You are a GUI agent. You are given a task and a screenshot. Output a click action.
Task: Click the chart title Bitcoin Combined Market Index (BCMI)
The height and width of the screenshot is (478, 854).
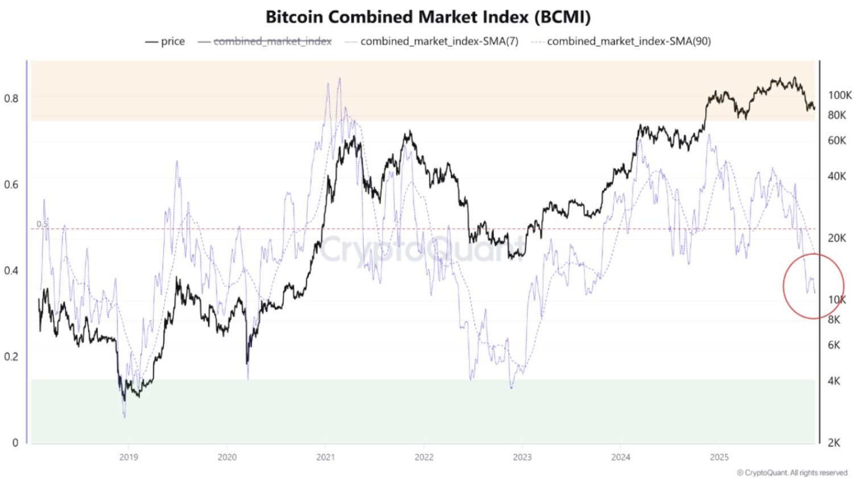click(x=428, y=17)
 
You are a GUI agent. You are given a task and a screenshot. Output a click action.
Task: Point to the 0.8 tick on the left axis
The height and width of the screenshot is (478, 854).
click(x=11, y=98)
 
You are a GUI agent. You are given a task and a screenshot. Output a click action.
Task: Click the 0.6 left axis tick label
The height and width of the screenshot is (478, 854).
click(x=11, y=184)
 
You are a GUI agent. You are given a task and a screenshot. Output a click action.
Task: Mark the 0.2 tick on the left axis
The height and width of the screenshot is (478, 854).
click(x=11, y=357)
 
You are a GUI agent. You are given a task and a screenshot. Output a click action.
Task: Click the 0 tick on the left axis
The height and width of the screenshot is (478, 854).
click(x=15, y=443)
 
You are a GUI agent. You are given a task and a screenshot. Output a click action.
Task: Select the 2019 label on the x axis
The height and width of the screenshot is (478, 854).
click(x=129, y=457)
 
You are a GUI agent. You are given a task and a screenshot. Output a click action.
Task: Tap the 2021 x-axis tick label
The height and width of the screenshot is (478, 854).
click(x=325, y=457)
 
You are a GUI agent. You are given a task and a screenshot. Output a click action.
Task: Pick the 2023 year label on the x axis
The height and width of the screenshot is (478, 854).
click(x=522, y=457)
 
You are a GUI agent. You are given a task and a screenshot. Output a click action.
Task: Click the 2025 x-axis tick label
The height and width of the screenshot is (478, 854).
click(x=719, y=457)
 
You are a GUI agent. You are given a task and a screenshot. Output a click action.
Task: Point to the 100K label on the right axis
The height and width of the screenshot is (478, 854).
click(x=839, y=95)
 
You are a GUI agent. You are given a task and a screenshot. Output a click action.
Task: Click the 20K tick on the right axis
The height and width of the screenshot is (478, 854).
click(x=836, y=238)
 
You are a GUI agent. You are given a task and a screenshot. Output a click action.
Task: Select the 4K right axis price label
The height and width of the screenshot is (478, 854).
click(x=834, y=381)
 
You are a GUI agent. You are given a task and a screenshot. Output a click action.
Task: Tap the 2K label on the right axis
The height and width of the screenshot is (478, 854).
click(x=834, y=443)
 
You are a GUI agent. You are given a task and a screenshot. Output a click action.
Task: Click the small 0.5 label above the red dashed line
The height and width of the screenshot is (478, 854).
click(x=42, y=224)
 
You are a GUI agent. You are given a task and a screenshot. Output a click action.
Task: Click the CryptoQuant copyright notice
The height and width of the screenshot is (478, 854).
click(x=792, y=472)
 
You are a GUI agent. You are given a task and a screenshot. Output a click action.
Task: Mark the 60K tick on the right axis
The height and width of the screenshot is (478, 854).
click(x=836, y=140)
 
